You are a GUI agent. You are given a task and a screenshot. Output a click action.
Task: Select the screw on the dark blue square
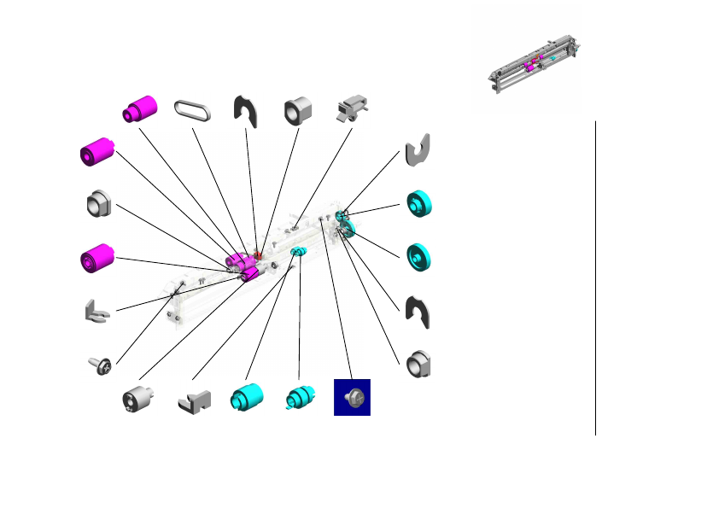pos(352,397)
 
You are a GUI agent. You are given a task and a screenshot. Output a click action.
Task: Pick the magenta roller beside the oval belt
pos(139,108)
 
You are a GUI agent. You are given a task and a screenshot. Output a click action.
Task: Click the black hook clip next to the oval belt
pos(246,110)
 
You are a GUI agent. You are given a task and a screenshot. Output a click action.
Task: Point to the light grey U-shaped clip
pos(418,149)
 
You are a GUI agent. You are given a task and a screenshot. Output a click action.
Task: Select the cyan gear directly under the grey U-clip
pos(419,205)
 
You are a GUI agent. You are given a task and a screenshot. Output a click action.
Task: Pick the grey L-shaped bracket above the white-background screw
pos(97,311)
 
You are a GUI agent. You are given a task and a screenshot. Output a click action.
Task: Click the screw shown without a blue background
pos(101,366)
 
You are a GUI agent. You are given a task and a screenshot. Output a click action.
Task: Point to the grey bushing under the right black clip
pos(418,364)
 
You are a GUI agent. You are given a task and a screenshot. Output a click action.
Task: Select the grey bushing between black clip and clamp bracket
pos(298,108)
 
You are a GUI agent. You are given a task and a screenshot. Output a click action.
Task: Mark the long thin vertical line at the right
pos(595,277)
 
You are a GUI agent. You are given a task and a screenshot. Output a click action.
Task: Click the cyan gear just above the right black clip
pos(419,257)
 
